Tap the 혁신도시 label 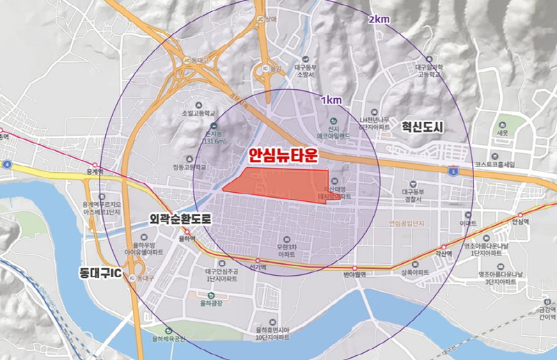[x=423, y=127]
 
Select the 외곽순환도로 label [x=180, y=219]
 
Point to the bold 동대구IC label [x=102, y=272]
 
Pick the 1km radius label [x=331, y=100]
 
